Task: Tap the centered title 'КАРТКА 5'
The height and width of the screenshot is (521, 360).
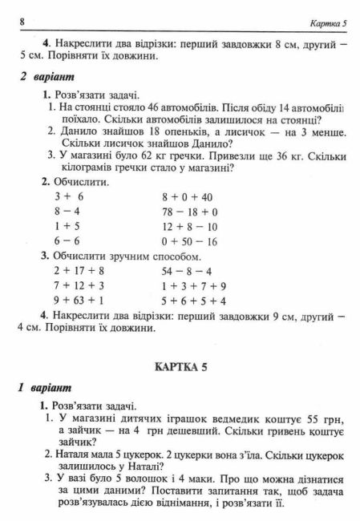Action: (180, 367)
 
